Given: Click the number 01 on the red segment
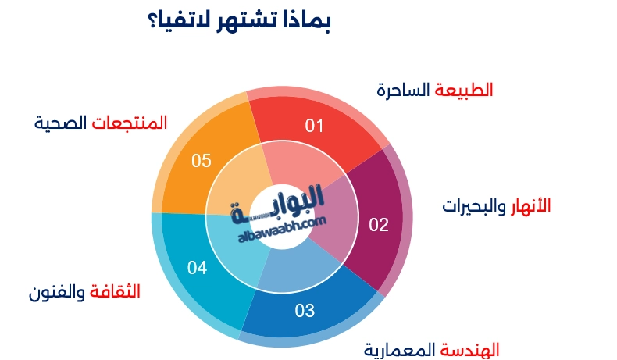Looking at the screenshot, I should pos(314,125).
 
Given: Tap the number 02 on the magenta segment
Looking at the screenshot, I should pos(378,226).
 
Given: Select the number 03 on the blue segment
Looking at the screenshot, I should pos(305,311).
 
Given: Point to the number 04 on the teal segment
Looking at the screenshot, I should pos(197,269).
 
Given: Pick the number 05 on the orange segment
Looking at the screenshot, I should pos(202,161).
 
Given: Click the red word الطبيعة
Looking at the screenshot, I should pos(464,89).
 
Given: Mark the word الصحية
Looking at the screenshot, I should pos(61,122).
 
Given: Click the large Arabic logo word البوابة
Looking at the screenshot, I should pos(281,205).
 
